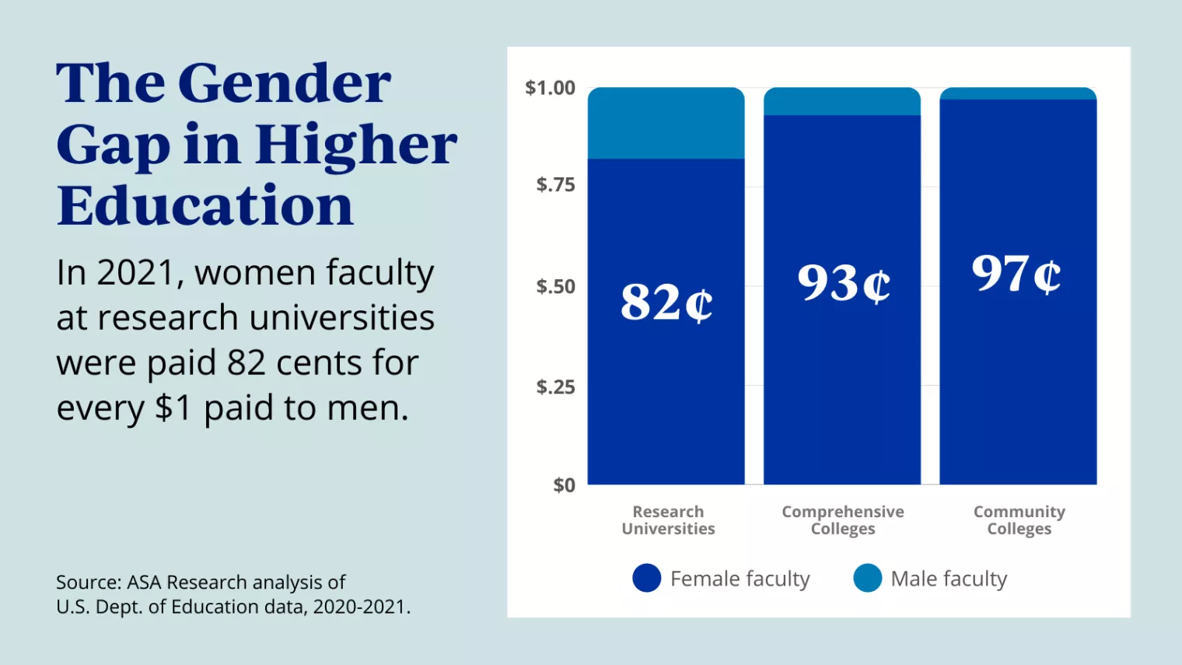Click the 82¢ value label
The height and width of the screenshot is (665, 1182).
click(x=666, y=302)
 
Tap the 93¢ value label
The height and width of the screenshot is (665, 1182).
click(x=843, y=283)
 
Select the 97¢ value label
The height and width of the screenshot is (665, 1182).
click(x=1016, y=274)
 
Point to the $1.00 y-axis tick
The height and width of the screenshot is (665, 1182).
click(x=551, y=88)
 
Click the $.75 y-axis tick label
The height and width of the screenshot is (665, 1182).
click(x=555, y=185)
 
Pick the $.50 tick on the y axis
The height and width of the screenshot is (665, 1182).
click(x=555, y=286)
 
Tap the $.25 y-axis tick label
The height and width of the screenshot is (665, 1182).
click(x=555, y=387)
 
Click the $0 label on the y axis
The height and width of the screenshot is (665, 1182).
click(x=564, y=485)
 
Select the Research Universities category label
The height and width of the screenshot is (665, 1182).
click(x=668, y=520)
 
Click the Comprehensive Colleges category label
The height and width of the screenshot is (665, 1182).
click(x=843, y=520)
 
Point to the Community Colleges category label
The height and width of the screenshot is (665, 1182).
click(x=1019, y=520)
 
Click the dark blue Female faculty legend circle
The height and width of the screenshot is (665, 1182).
click(x=646, y=578)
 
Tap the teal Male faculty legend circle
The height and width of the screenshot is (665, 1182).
click(x=867, y=578)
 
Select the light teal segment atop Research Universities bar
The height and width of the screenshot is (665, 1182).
click(x=666, y=124)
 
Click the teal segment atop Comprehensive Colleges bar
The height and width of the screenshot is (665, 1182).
click(x=842, y=102)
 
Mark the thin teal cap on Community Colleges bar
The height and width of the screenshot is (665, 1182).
click(x=1018, y=93)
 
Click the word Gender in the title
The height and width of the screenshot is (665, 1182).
click(x=284, y=82)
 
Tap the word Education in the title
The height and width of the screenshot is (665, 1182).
click(x=205, y=205)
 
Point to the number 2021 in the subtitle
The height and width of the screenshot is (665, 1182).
click(x=136, y=273)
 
